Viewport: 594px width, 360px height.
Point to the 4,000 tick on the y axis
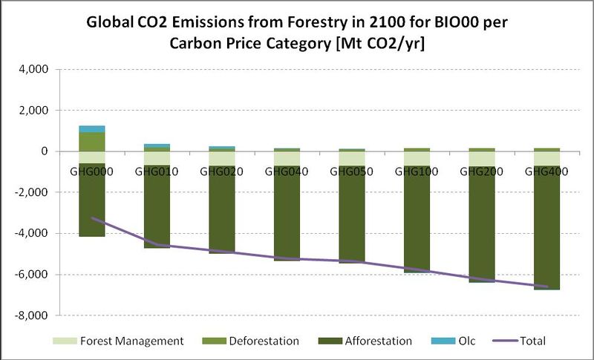pyautogui.click(x=33, y=70)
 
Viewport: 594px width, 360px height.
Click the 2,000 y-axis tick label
pyautogui.click(x=33, y=111)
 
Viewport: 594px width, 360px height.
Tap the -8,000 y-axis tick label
pyautogui.click(x=31, y=315)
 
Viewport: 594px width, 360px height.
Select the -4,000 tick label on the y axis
pyautogui.click(x=31, y=234)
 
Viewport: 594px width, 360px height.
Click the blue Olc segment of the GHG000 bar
pyautogui.click(x=91, y=128)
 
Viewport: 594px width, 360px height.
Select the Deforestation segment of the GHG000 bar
pyautogui.click(x=91, y=141)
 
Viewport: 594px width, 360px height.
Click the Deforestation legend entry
pyautogui.click(x=252, y=341)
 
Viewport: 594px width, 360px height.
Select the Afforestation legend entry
pyautogui.click(x=368, y=341)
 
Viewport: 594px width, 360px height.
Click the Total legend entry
pyautogui.click(x=520, y=341)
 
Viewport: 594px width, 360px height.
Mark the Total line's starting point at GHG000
pyautogui.click(x=91, y=218)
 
